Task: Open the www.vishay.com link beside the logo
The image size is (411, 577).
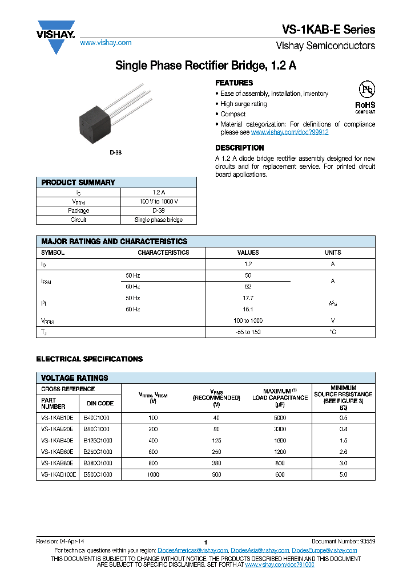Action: [x=106, y=43]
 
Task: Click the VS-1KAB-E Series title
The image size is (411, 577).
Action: [x=328, y=30]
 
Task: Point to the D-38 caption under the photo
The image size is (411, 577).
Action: [x=115, y=153]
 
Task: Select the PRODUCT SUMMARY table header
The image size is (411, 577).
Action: [x=78, y=182]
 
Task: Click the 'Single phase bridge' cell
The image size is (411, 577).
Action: [x=158, y=220]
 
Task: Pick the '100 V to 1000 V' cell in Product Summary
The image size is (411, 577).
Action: [x=158, y=201]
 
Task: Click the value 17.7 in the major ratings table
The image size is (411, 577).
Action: [x=248, y=298]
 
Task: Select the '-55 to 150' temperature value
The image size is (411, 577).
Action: [x=248, y=332]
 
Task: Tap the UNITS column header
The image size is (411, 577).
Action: [x=333, y=253]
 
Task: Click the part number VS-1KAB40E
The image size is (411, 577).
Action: [x=58, y=440]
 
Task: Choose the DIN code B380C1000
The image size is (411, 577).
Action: [x=98, y=463]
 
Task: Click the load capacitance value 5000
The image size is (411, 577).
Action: [x=280, y=417]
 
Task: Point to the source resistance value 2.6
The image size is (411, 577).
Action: [x=343, y=452]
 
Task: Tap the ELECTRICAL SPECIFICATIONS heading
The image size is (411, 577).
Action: [x=90, y=359]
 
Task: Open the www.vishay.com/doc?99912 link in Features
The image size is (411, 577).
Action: [x=289, y=132]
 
